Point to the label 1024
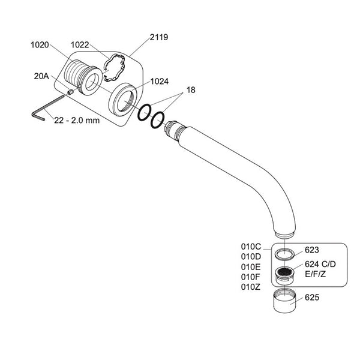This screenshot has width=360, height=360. [160, 81]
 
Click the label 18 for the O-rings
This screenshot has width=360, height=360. [191, 89]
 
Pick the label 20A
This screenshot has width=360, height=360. [41, 76]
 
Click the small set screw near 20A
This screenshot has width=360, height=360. [70, 92]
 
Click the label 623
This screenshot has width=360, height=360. [313, 250]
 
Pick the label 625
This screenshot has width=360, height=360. [313, 297]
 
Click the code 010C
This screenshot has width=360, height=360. [251, 246]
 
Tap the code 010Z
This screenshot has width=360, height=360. [251, 287]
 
